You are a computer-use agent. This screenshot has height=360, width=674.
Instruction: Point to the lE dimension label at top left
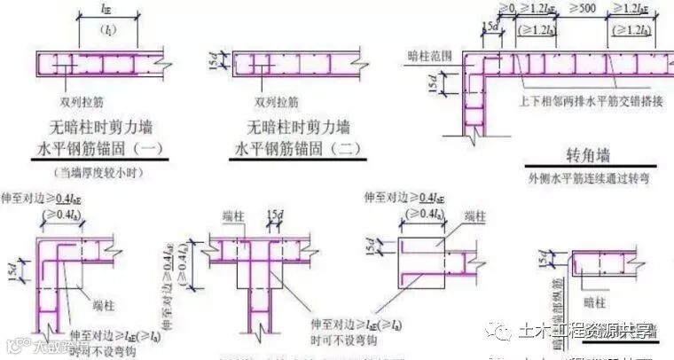[106, 12]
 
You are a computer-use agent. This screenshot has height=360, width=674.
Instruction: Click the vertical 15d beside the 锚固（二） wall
[223, 64]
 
